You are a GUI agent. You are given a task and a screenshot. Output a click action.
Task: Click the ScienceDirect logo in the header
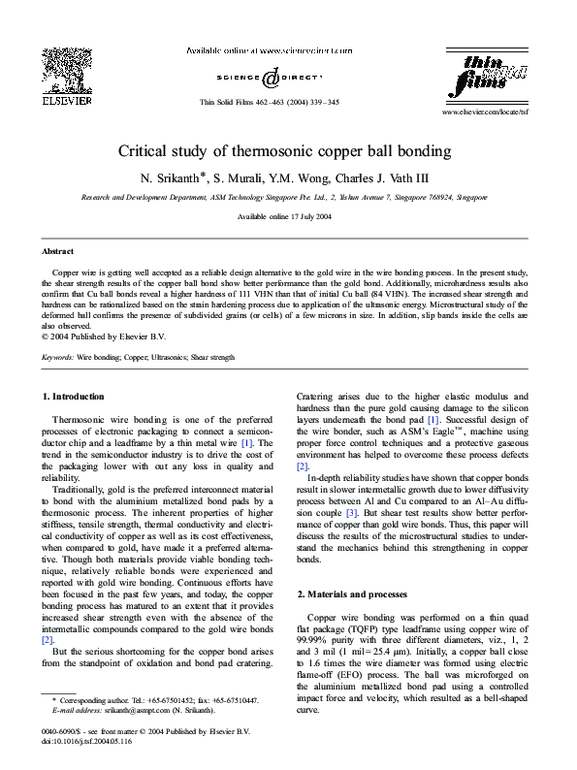click(x=270, y=78)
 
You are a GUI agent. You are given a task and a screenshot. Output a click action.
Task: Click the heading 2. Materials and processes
click(x=351, y=594)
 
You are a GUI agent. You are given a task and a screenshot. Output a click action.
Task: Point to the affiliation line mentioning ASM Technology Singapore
click(x=283, y=196)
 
